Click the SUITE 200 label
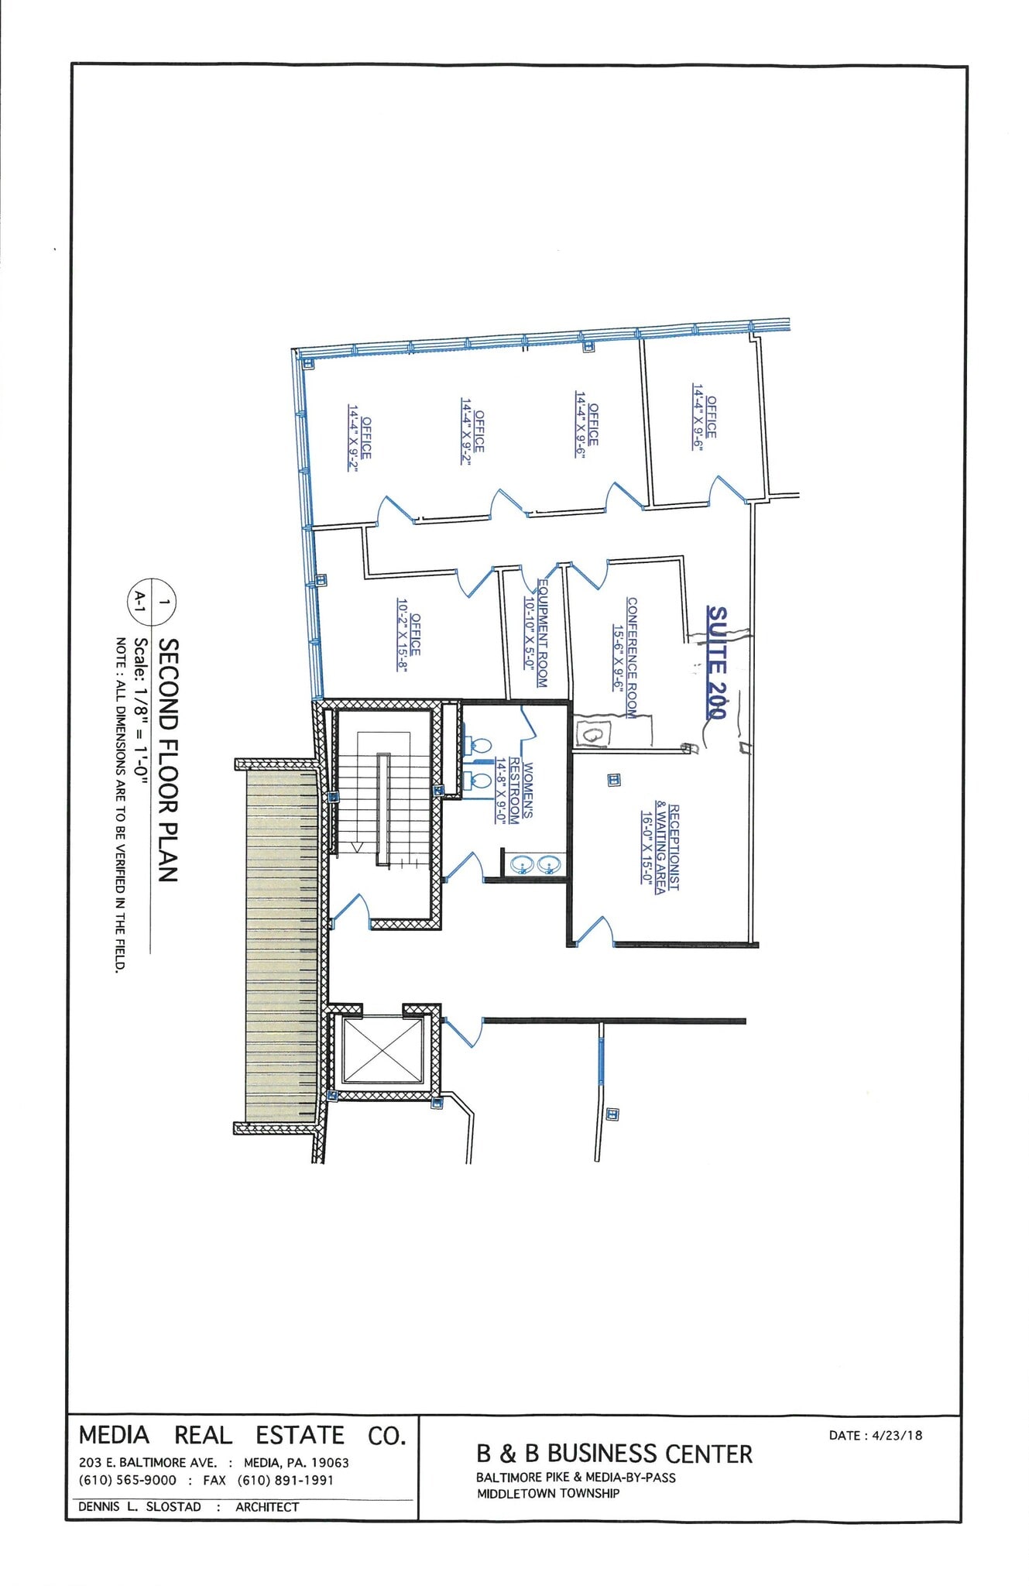pyautogui.click(x=717, y=662)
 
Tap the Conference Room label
pyautogui.click(x=626, y=657)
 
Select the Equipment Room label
pyautogui.click(x=536, y=633)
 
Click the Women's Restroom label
pyautogui.click(x=515, y=792)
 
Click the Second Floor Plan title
pyautogui.click(x=168, y=760)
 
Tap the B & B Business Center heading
pyautogui.click(x=614, y=1454)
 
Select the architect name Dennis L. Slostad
pyautogui.click(x=139, y=1506)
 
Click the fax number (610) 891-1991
pyautogui.click(x=286, y=1480)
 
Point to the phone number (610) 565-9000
pyautogui.click(x=128, y=1480)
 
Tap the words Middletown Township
pyautogui.click(x=547, y=1493)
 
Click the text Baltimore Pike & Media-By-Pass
pyautogui.click(x=575, y=1478)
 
